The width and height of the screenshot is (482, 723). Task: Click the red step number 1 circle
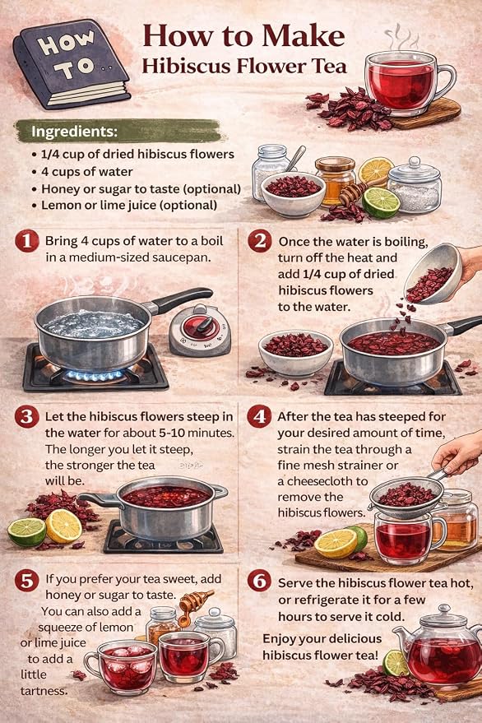click(x=27, y=241)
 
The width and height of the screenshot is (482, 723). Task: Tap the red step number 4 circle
click(x=259, y=417)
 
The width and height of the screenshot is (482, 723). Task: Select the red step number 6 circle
click(x=259, y=582)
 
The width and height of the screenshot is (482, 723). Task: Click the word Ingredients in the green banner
click(x=74, y=132)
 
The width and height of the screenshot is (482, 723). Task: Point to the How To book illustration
click(x=72, y=63)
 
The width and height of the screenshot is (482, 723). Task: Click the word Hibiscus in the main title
click(x=185, y=66)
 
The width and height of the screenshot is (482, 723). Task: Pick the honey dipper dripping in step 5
click(x=192, y=605)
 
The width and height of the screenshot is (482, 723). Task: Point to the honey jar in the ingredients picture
click(x=336, y=180)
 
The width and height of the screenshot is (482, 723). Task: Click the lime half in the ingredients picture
click(x=381, y=202)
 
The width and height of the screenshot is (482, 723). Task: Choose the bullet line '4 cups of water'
click(x=86, y=172)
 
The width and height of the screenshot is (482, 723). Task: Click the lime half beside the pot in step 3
click(x=27, y=532)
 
